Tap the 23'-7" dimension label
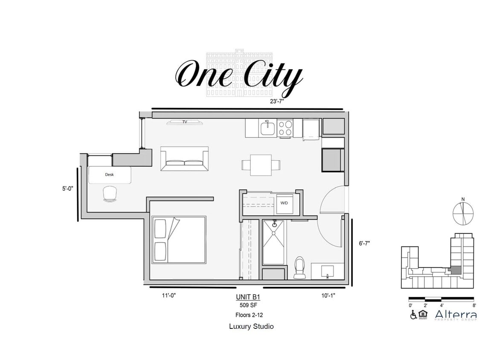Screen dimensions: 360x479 click(x=278, y=102)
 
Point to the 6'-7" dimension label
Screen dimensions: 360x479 click(x=364, y=243)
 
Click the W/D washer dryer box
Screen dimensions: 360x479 click(x=284, y=203)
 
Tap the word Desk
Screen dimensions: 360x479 click(x=109, y=174)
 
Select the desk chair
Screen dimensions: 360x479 click(x=110, y=194)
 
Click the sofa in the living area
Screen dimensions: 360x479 click(x=184, y=159)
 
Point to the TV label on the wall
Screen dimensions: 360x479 click(x=185, y=122)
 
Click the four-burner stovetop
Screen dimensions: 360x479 click(x=285, y=128)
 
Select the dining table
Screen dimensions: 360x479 click(x=261, y=165)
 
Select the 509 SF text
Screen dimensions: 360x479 click(x=248, y=305)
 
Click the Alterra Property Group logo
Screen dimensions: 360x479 click(x=455, y=316)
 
